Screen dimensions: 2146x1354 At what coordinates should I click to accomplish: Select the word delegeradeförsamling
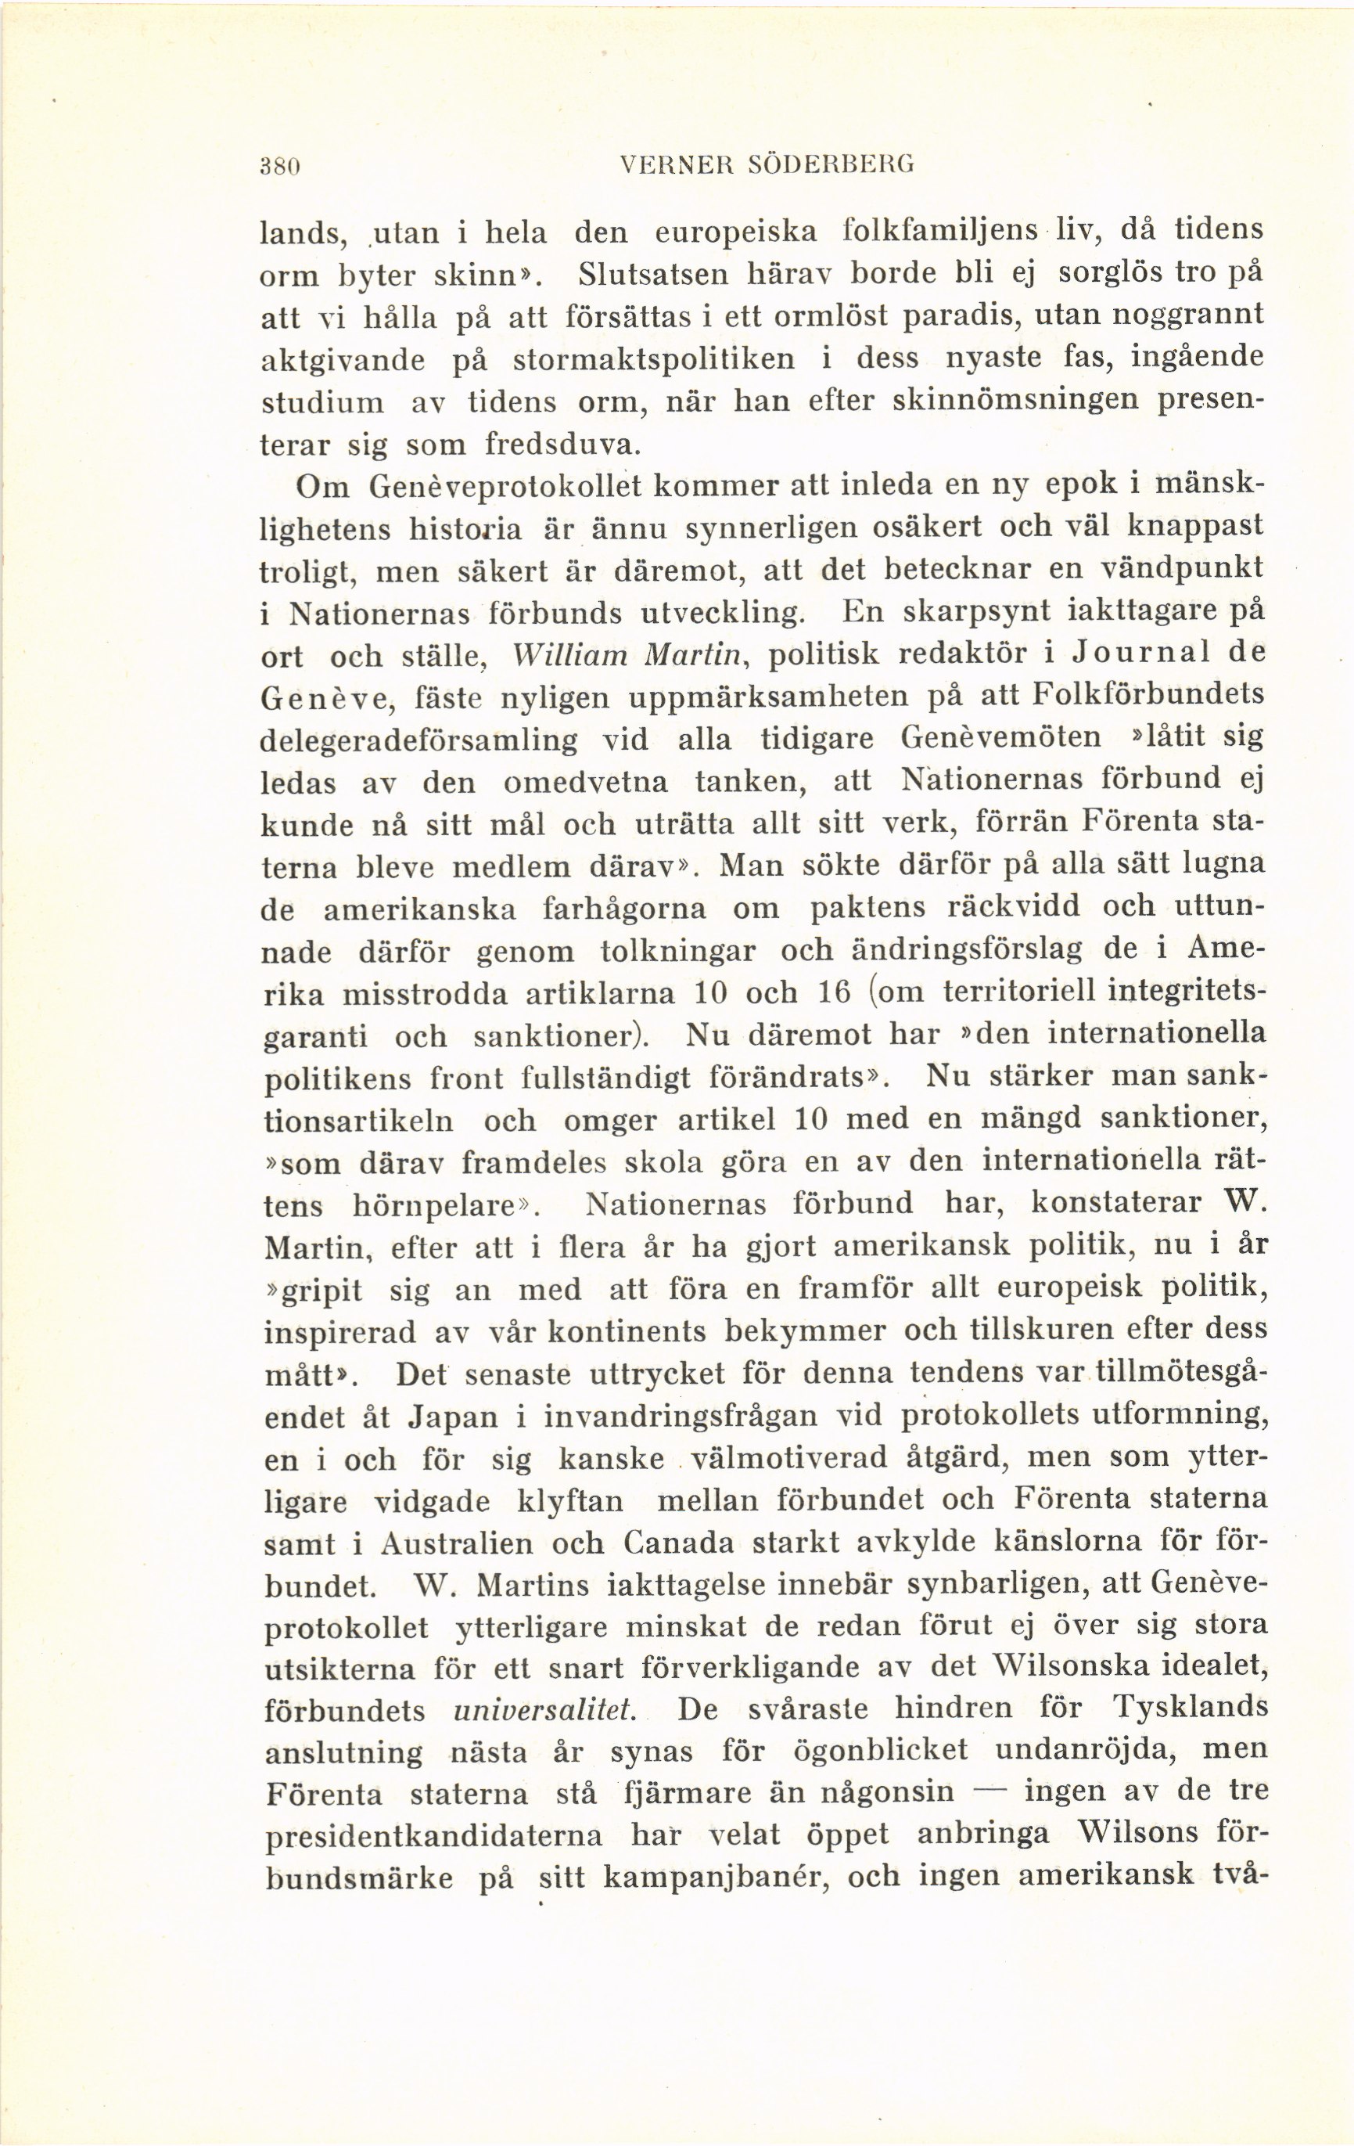click(418, 740)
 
